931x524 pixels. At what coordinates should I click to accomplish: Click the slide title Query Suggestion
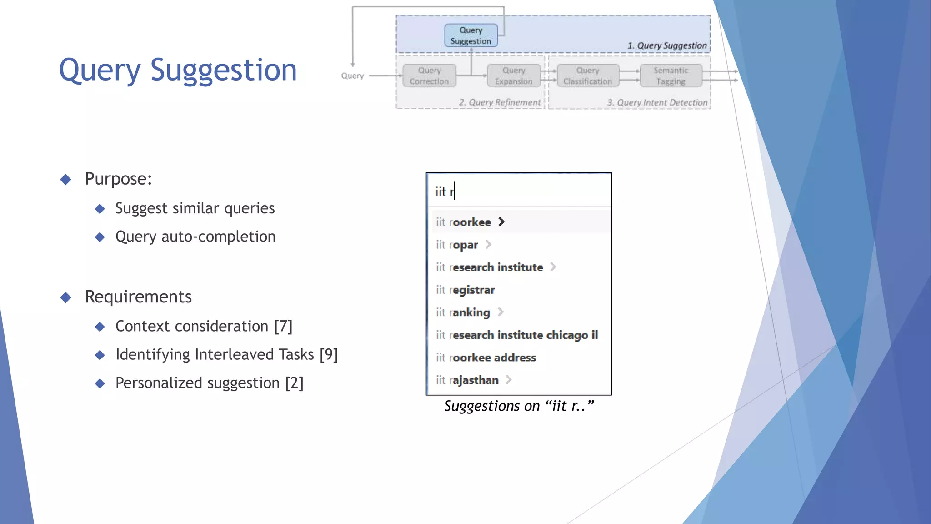pyautogui.click(x=178, y=71)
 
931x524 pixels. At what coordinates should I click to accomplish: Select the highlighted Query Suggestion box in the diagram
pyautogui.click(x=471, y=35)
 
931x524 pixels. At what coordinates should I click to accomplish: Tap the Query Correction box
pyautogui.click(x=429, y=76)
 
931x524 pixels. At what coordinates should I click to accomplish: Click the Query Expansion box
pyautogui.click(x=513, y=76)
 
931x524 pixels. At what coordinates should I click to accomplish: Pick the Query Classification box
pyautogui.click(x=587, y=76)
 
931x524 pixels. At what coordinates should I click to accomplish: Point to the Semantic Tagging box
pyautogui.click(x=671, y=76)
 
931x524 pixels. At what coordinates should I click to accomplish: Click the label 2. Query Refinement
pyautogui.click(x=500, y=102)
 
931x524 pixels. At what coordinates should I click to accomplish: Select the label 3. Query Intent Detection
pyautogui.click(x=657, y=103)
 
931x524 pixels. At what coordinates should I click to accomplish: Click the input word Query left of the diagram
pyautogui.click(x=352, y=76)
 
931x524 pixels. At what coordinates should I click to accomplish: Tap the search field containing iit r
pyautogui.click(x=518, y=191)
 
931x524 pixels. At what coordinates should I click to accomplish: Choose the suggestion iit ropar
pyautogui.click(x=457, y=245)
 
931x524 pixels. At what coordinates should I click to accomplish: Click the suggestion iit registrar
pyautogui.click(x=465, y=290)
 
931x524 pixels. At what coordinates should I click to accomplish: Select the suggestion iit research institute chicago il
pyautogui.click(x=517, y=335)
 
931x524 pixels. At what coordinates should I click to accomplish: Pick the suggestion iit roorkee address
pyautogui.click(x=486, y=358)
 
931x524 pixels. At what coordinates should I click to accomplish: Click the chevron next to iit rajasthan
pyautogui.click(x=509, y=379)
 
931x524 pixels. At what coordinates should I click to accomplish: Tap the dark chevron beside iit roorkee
pyautogui.click(x=501, y=222)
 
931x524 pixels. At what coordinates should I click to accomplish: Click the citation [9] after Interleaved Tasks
pyautogui.click(x=329, y=354)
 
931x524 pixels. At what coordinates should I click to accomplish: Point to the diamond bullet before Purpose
pyautogui.click(x=66, y=179)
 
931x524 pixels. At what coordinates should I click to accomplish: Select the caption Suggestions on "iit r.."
pyautogui.click(x=519, y=406)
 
